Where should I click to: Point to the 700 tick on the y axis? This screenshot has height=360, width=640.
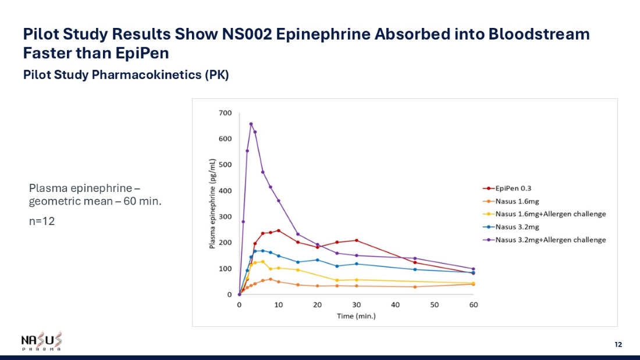pyautogui.click(x=225, y=113)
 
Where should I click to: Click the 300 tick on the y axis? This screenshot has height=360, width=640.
pyautogui.click(x=225, y=217)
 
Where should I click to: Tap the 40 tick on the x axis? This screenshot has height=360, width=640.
pyautogui.click(x=396, y=305)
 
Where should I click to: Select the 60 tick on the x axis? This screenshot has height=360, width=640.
pyautogui.click(x=474, y=305)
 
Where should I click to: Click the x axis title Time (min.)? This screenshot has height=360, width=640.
pyautogui.click(x=356, y=316)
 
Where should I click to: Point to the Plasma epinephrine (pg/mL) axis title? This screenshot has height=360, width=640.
pyautogui.click(x=213, y=204)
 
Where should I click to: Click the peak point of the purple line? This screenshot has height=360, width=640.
pyautogui.click(x=251, y=124)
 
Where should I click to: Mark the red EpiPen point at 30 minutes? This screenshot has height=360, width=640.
pyautogui.click(x=356, y=240)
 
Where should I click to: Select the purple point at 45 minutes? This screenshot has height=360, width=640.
pyautogui.click(x=415, y=258)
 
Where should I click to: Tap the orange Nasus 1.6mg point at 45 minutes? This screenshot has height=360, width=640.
pyautogui.click(x=415, y=287)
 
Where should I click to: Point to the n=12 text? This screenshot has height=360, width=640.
pyautogui.click(x=42, y=222)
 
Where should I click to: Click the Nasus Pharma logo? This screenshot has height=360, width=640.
pyautogui.click(x=41, y=341)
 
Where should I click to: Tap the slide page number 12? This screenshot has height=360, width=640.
pyautogui.click(x=618, y=345)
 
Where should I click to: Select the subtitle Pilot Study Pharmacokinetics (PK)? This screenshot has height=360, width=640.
pyautogui.click(x=126, y=76)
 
